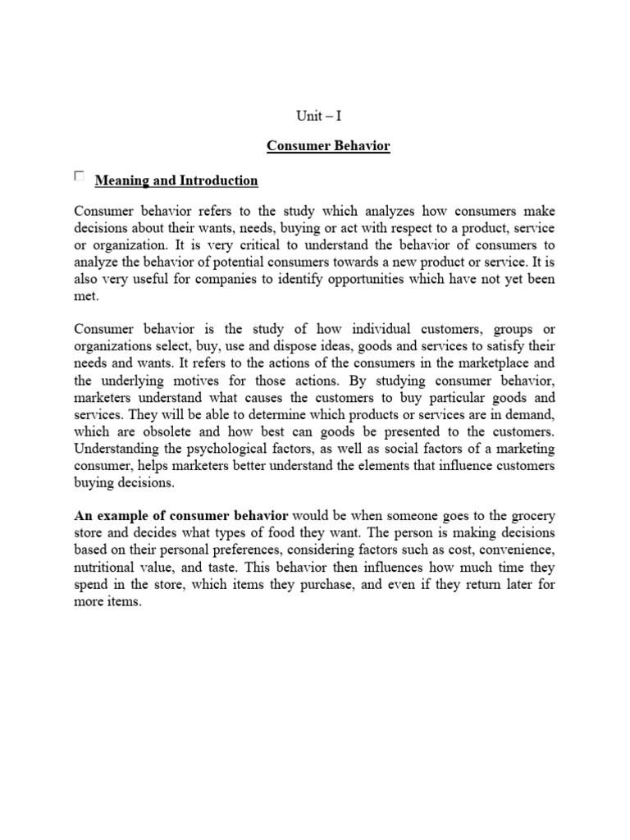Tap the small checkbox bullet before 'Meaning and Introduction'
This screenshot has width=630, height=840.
click(x=79, y=176)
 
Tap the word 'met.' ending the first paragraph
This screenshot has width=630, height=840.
click(x=85, y=296)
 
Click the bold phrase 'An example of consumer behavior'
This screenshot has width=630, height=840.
click(x=181, y=516)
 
